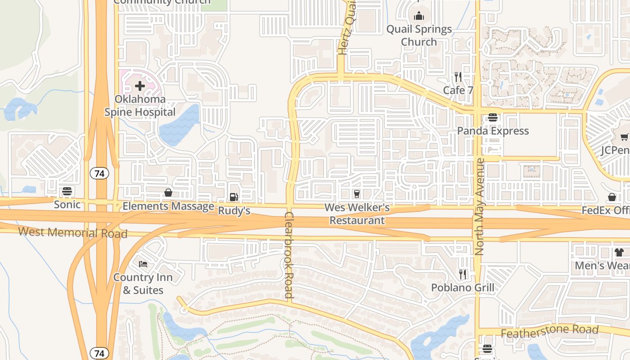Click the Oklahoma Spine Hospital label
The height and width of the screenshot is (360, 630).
click(139, 106)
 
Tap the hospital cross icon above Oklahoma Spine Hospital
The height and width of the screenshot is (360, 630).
click(139, 85)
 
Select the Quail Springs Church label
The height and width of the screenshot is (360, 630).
click(419, 36)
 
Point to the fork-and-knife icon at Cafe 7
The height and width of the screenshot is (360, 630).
click(458, 76)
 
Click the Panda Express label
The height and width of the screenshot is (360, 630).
click(493, 131)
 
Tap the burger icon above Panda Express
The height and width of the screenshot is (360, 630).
click(493, 117)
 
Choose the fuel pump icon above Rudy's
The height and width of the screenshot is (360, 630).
click(234, 197)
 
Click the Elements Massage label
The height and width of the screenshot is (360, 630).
click(168, 207)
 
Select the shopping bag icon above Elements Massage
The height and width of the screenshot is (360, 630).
click(168, 193)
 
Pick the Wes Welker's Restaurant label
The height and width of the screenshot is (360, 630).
click(357, 214)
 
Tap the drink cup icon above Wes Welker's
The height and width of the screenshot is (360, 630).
click(357, 193)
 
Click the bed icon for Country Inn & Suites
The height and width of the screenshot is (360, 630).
click(143, 264)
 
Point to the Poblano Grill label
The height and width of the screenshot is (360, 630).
click(463, 288)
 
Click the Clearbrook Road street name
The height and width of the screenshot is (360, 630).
click(289, 255)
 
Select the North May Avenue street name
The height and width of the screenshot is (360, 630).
click(479, 207)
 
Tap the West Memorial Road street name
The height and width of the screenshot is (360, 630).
click(73, 233)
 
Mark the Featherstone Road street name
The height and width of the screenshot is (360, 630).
click(549, 332)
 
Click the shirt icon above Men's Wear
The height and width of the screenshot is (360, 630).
click(619, 252)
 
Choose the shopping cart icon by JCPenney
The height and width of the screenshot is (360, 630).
click(624, 137)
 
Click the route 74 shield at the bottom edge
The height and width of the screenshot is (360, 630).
click(99, 353)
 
